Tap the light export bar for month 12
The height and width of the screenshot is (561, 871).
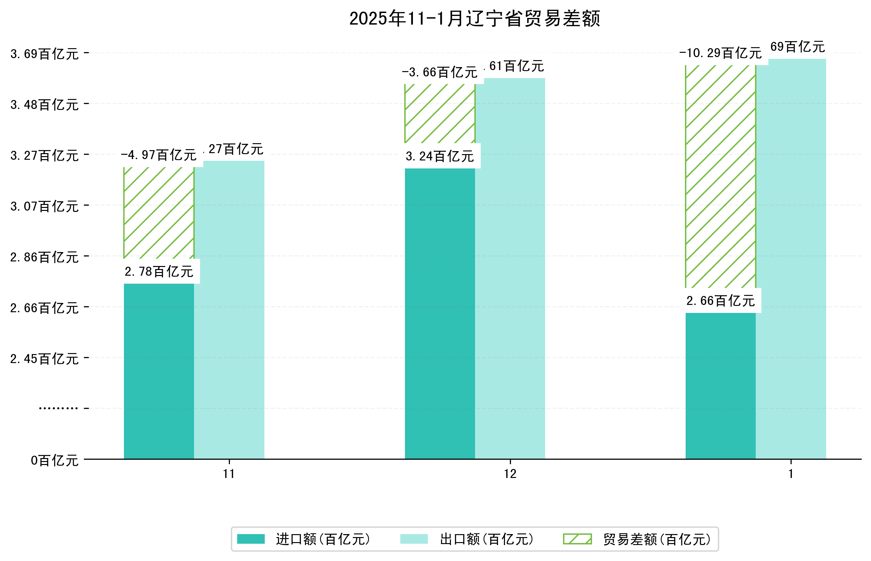(510, 270)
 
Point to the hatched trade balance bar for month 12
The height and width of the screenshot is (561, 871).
(439, 114)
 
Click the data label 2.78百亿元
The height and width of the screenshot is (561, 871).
(159, 271)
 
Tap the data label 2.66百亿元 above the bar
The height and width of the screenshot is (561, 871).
(720, 301)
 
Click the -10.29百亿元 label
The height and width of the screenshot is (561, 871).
(720, 53)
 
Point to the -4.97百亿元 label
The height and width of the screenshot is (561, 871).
(158, 155)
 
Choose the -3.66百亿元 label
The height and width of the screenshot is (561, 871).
(439, 72)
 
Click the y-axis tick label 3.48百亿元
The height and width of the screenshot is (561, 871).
(45, 105)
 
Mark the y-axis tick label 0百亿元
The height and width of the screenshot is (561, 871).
(54, 460)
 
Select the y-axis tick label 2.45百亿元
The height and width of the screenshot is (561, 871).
(45, 359)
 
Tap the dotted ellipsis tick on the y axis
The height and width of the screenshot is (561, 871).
(58, 408)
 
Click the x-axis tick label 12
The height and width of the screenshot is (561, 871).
(510, 474)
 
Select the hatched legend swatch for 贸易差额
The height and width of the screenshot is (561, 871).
(577, 539)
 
